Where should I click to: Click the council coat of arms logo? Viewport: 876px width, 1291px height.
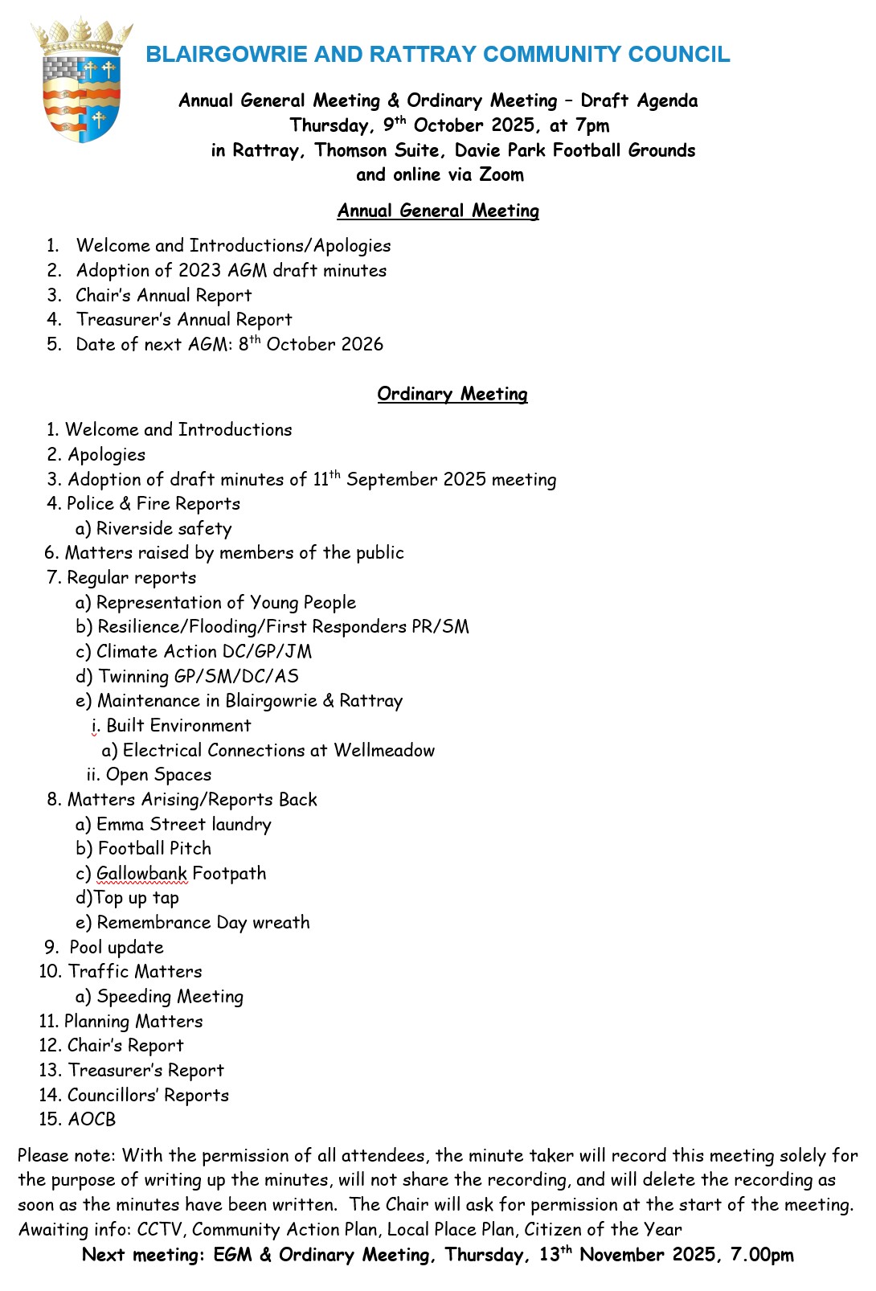coord(81,80)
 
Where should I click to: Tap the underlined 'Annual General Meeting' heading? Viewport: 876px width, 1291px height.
coord(438,211)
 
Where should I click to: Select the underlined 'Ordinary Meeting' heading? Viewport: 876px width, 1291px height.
coord(452,394)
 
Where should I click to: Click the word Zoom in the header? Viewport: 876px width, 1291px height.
coord(501,174)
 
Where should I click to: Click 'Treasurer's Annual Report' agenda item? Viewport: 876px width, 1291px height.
coord(184,320)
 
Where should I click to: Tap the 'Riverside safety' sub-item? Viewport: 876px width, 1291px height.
coord(164,529)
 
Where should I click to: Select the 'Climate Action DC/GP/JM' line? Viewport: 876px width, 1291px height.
coord(204,652)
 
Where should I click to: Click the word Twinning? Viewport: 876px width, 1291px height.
coord(133,677)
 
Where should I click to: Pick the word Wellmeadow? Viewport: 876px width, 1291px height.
coord(384,751)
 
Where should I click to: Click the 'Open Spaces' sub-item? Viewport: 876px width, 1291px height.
coord(158,775)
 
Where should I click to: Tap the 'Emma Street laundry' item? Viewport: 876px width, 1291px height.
coord(184,825)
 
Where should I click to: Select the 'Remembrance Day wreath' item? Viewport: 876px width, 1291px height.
coord(203,923)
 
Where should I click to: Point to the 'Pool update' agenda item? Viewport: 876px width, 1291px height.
coord(117,948)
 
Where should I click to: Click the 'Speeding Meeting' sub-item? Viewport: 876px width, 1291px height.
coord(170,997)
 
